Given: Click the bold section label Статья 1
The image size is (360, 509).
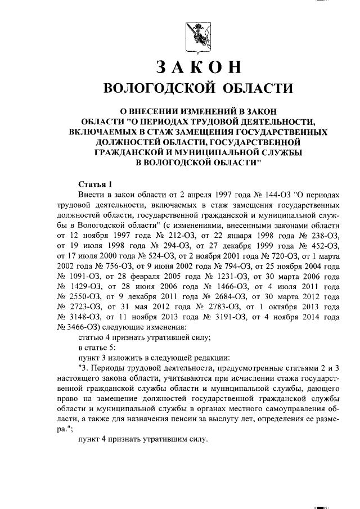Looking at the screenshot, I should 96,184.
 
